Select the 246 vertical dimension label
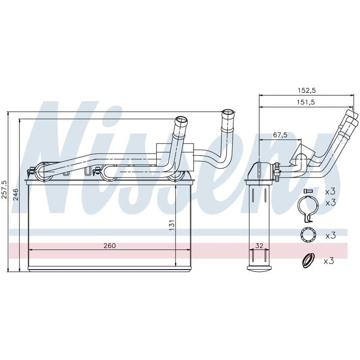(16, 194)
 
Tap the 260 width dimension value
(109, 246)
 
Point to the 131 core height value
(171, 225)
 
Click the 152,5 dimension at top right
(307, 91)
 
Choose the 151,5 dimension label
(306, 102)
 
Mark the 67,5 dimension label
(280, 135)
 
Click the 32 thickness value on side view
(259, 246)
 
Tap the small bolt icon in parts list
(308, 191)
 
